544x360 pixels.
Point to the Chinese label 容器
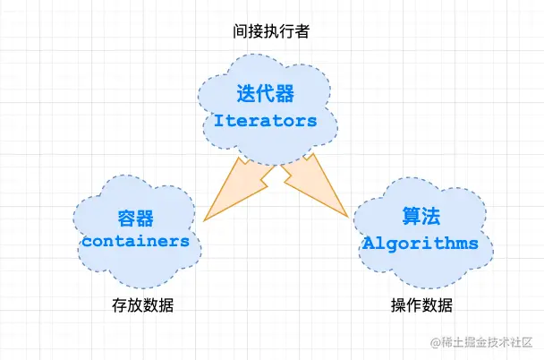136,219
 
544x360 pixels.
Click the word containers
136,241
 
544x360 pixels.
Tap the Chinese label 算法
420,219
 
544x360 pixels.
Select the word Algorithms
421,243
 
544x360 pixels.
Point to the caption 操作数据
421,305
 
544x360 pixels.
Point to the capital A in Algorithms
368,243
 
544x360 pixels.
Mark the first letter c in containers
87,241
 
